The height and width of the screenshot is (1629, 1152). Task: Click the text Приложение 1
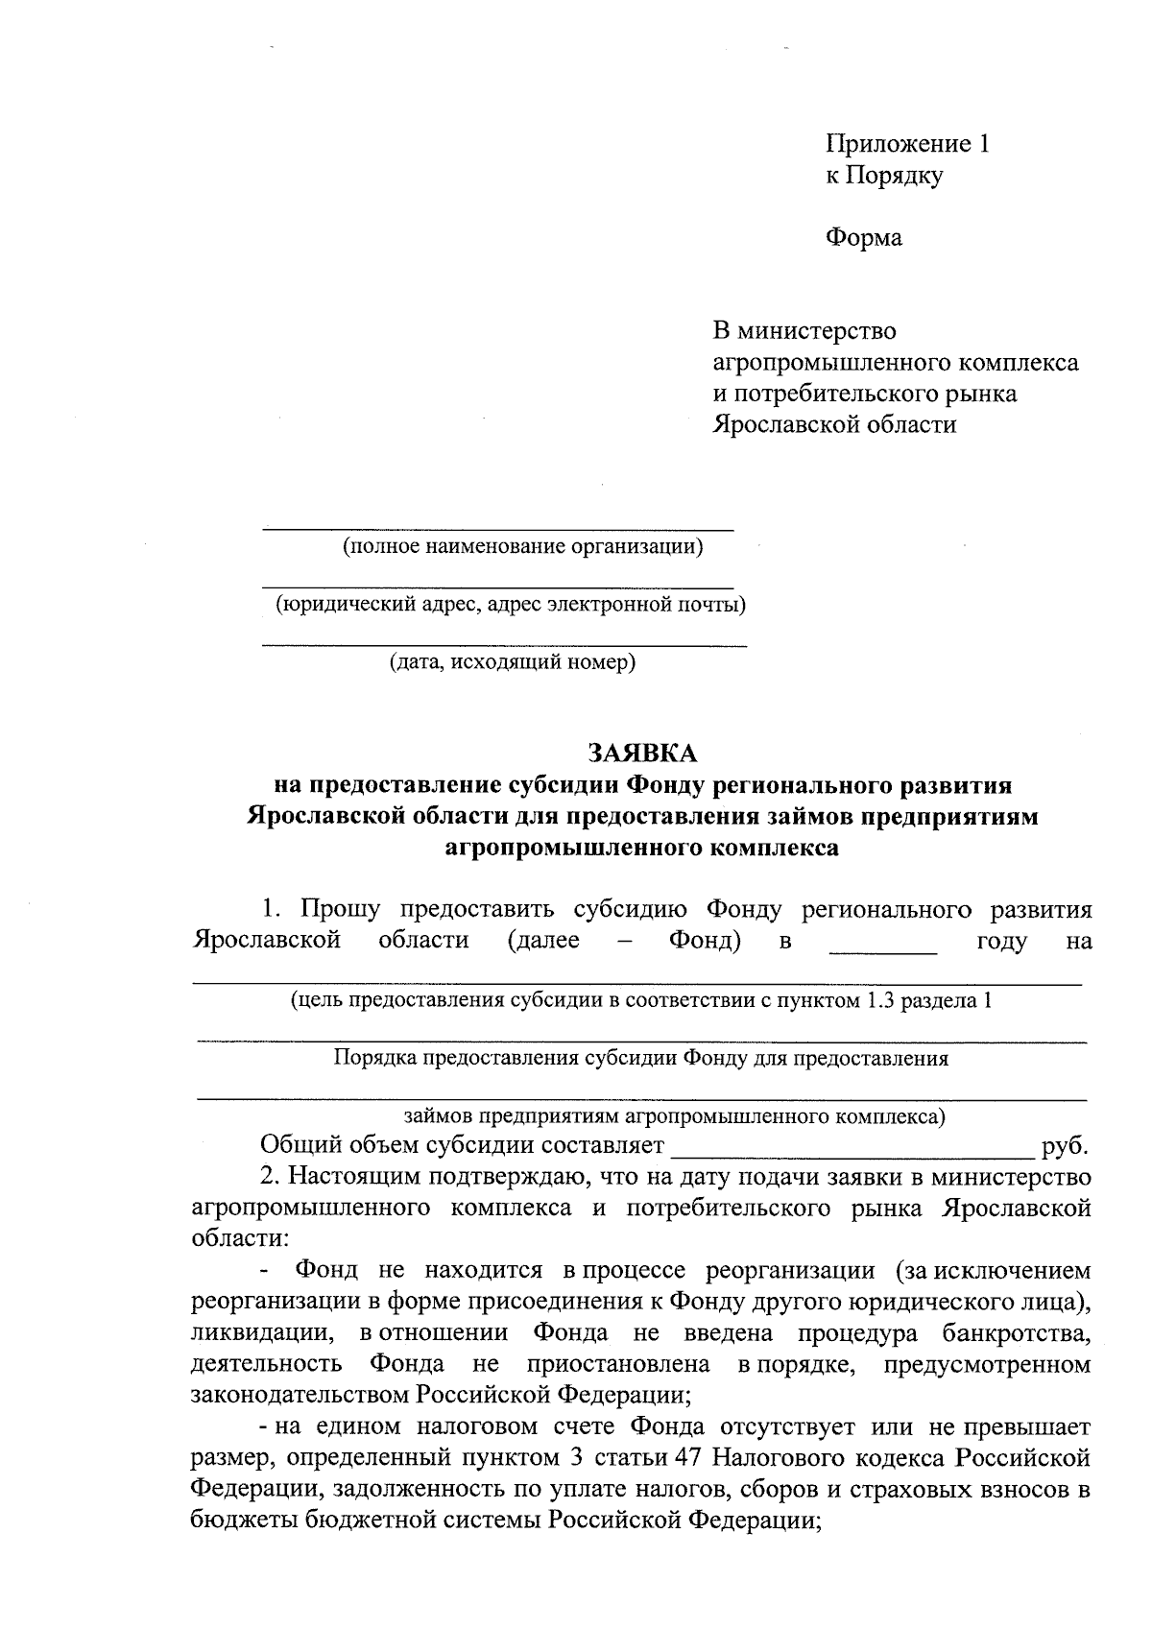907,144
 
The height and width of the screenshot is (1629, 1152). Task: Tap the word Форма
864,237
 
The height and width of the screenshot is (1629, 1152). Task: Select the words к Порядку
884,176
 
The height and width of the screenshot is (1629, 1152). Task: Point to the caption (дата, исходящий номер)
512,662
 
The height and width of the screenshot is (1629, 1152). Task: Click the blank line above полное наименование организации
498,527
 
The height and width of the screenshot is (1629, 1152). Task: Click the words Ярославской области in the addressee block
833,424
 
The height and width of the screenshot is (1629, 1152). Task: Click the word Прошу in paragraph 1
341,909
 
